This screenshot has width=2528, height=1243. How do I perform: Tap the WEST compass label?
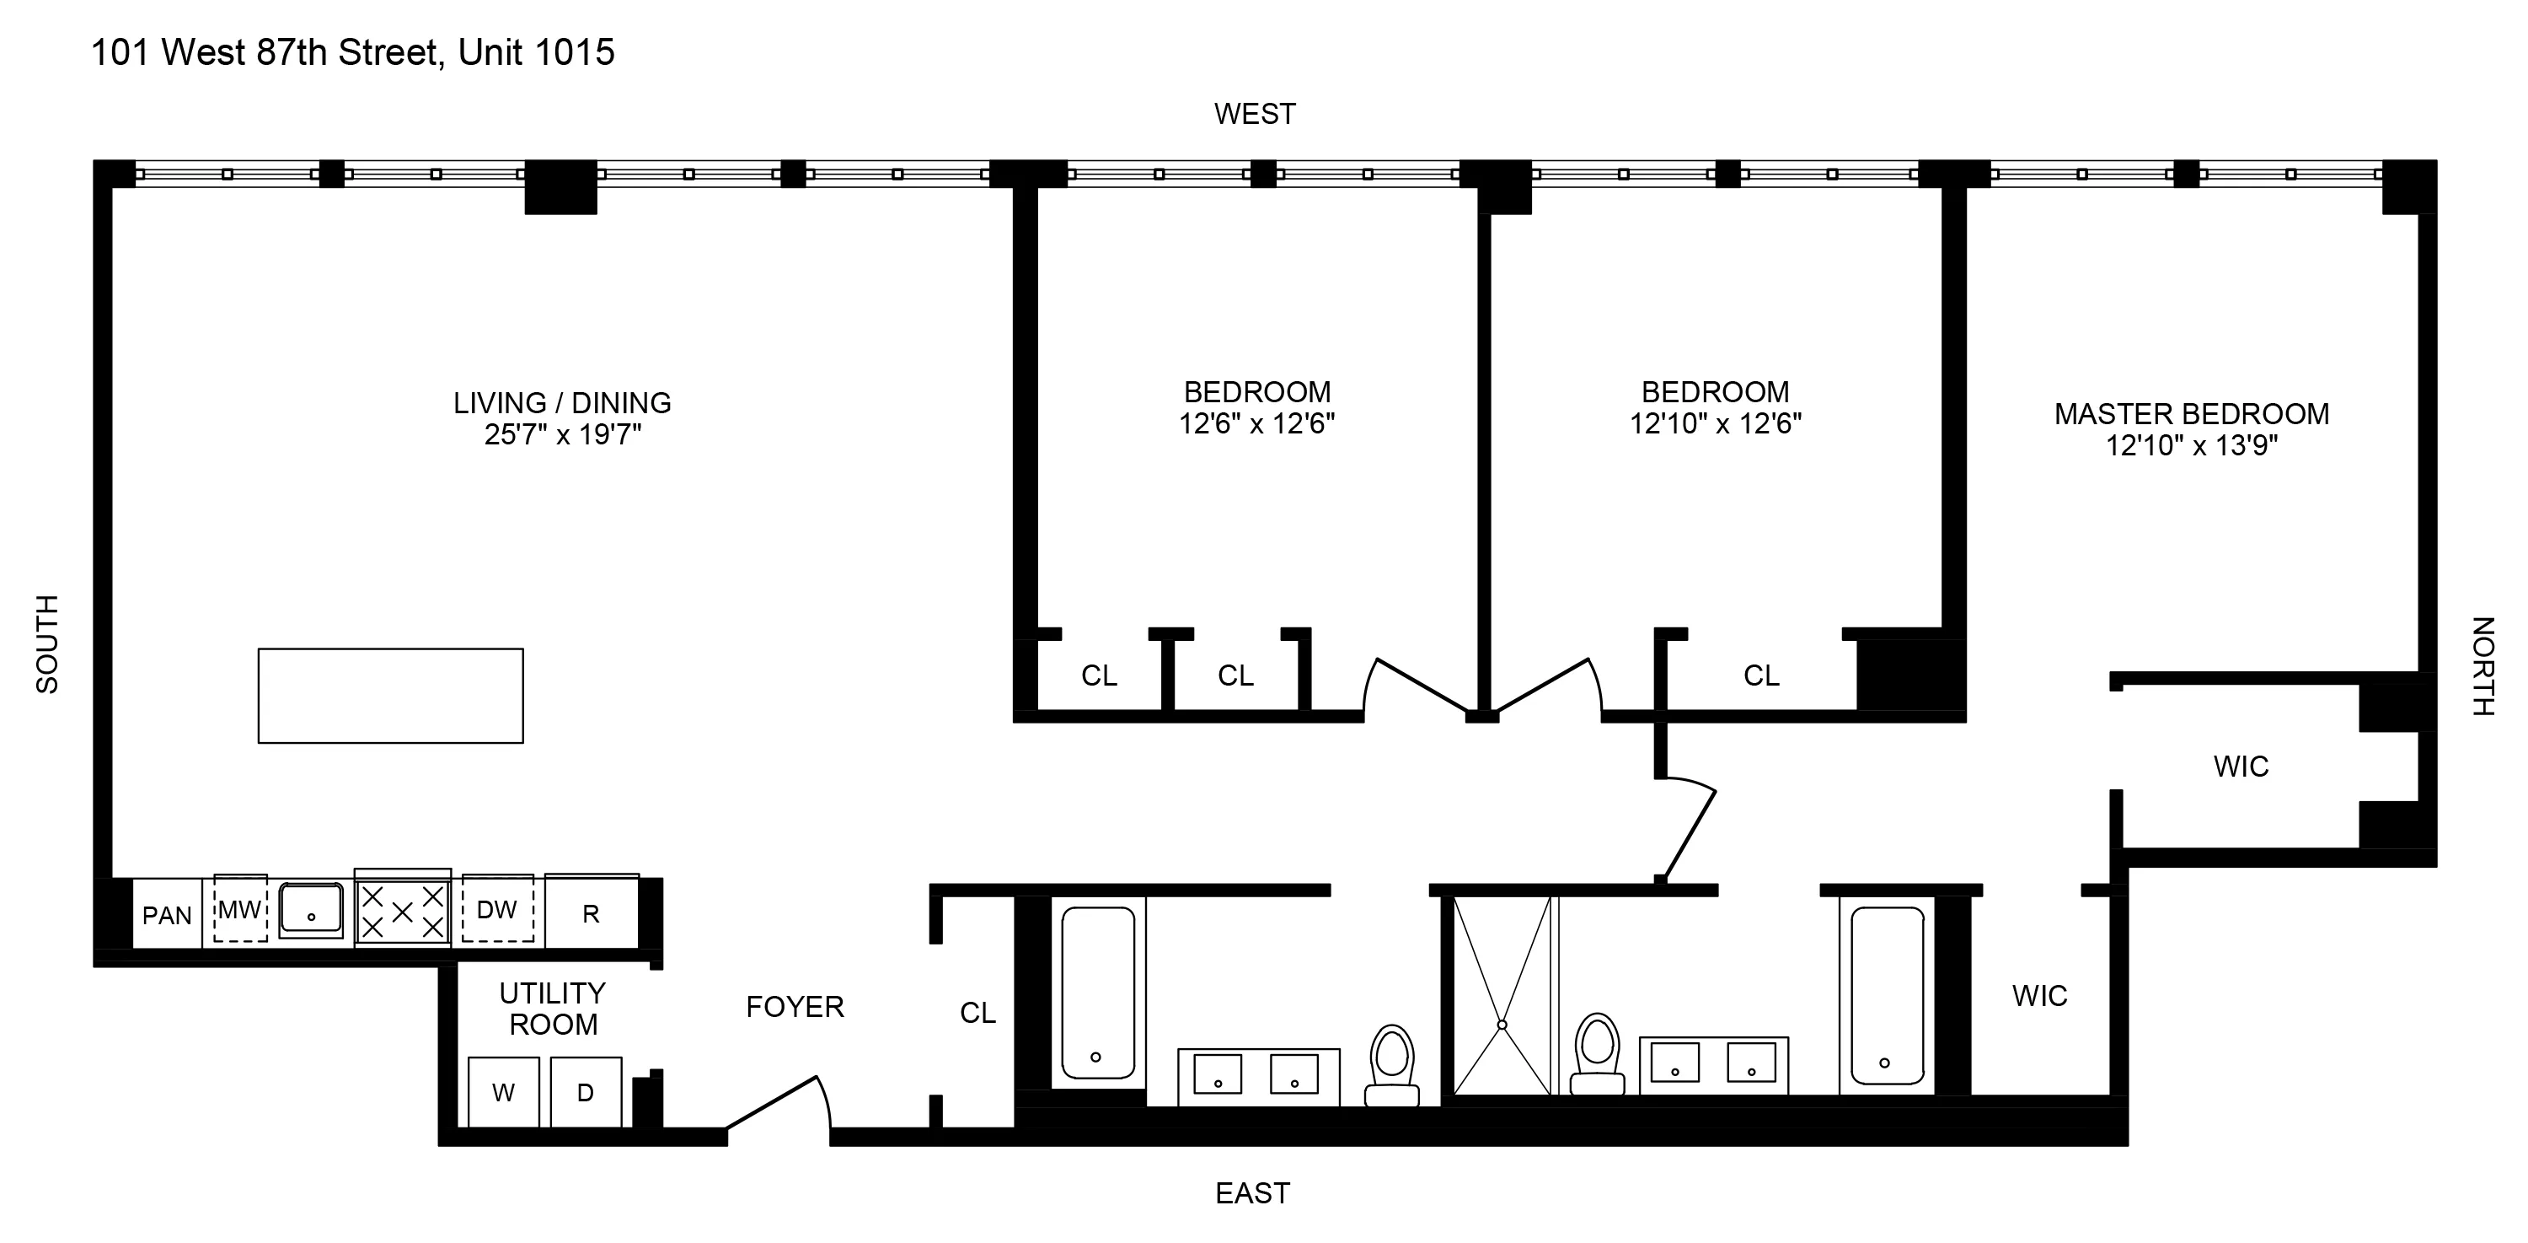point(1254,114)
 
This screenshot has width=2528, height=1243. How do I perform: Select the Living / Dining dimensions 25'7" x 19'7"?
point(562,434)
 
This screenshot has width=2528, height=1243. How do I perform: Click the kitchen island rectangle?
point(391,695)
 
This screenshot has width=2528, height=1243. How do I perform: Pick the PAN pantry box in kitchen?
point(167,915)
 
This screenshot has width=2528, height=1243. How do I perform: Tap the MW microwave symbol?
point(239,910)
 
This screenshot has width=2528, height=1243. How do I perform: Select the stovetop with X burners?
point(402,911)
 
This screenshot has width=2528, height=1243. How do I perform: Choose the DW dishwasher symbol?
point(497,910)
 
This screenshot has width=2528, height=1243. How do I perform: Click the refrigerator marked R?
point(591,914)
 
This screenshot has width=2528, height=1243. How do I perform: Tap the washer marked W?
point(503,1092)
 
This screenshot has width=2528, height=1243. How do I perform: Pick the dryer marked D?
point(586,1092)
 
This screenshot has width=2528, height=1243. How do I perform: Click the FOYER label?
point(795,1006)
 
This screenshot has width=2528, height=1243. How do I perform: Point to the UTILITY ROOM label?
point(553,1009)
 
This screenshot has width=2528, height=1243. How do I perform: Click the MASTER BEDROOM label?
point(2192,413)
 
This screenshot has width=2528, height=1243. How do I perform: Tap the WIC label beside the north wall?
point(2241,766)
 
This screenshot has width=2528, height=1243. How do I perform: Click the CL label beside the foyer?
point(977,1012)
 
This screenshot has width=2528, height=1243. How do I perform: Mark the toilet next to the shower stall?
point(1597,1056)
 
